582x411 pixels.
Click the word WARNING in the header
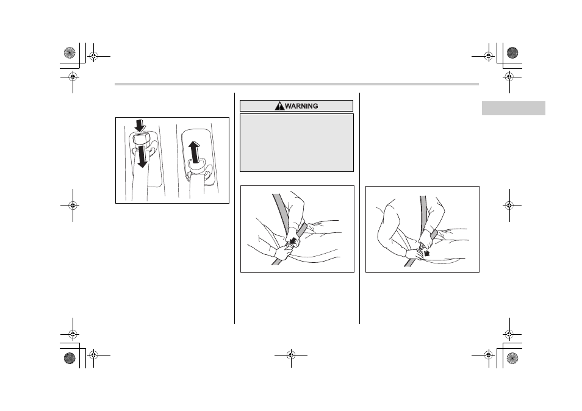tap(301, 106)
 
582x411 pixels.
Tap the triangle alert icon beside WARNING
tap(279, 106)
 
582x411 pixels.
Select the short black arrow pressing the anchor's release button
tap(140, 126)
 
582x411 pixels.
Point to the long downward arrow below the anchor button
tap(142, 155)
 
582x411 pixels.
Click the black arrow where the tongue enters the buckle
tap(293, 241)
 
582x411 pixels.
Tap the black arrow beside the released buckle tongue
tap(426, 253)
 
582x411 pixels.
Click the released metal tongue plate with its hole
tap(422, 246)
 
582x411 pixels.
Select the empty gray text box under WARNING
tap(296, 143)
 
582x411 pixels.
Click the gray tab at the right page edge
tap(513, 109)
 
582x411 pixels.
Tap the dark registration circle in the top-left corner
tap(70, 52)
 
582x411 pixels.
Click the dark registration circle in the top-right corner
tap(512, 52)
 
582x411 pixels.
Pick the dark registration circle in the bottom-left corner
tap(70, 359)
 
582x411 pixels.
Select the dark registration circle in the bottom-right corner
tap(512, 359)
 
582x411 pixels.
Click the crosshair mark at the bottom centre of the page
tap(291, 355)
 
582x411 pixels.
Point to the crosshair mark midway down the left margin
tap(73, 205)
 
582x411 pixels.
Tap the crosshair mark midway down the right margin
tap(509, 205)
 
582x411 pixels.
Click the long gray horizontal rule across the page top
tap(296, 84)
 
